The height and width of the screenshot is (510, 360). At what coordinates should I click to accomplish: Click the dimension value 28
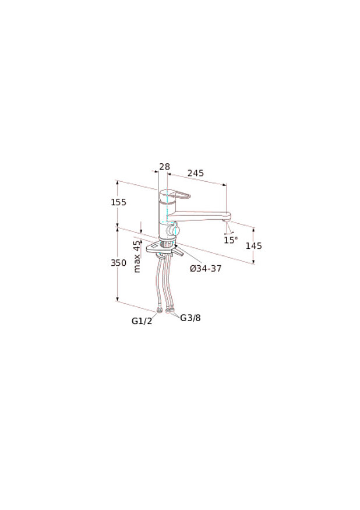164,167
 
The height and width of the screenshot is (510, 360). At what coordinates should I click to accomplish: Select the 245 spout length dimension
195,173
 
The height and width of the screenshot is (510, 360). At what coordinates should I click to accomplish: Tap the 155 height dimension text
119,202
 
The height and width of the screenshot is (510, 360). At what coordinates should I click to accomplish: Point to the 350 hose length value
119,263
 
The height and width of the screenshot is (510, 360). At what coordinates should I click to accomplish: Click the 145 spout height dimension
253,246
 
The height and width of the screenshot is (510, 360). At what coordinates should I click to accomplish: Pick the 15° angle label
231,240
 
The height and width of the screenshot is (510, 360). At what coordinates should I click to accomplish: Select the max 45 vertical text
137,256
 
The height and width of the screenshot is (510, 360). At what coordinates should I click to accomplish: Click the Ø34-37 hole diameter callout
206,269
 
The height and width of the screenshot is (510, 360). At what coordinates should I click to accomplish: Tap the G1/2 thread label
142,321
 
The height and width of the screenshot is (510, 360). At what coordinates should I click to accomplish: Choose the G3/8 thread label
190,318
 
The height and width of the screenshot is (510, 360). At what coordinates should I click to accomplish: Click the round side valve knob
171,233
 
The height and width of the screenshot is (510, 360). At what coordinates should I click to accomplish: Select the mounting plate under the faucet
164,250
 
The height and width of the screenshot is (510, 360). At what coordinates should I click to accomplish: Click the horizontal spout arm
198,215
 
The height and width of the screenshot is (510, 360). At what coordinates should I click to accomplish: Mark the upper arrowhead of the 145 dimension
253,227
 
